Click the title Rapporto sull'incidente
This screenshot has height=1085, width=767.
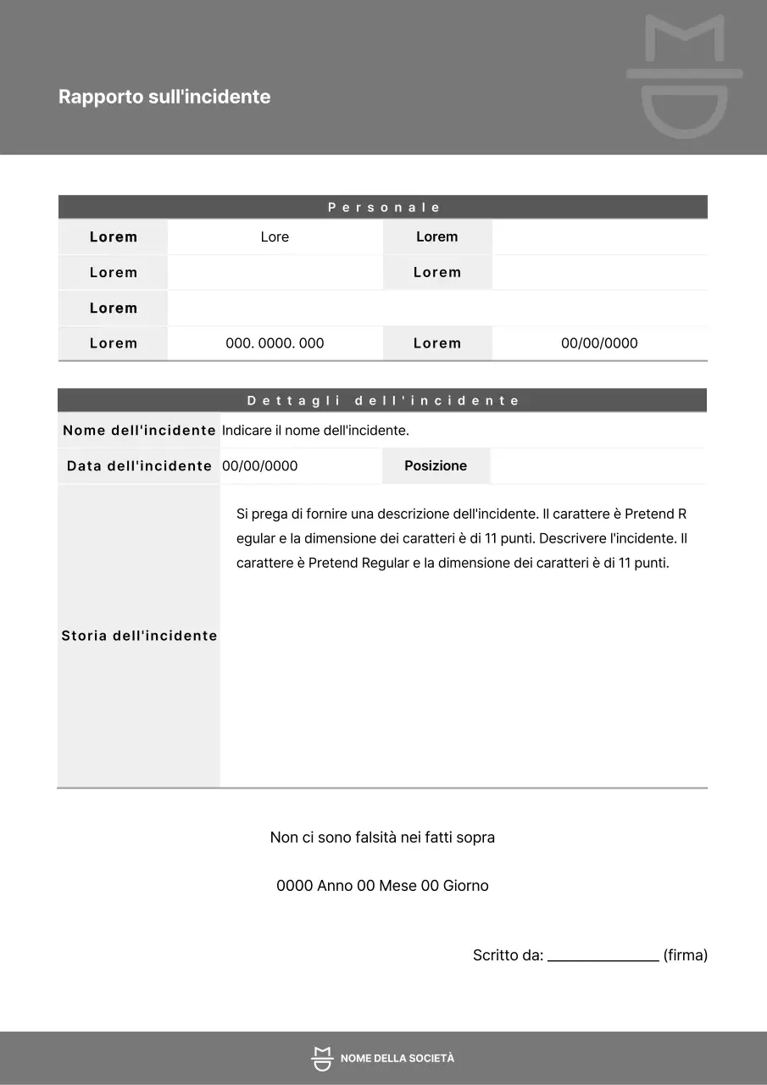click(164, 97)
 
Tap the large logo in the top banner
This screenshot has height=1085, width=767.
click(685, 76)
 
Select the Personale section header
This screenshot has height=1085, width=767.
click(384, 208)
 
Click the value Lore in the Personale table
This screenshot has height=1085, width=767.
click(275, 237)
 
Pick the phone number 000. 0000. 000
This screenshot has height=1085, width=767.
click(275, 343)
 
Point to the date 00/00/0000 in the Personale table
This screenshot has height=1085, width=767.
click(599, 343)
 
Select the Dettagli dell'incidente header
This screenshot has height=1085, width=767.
click(383, 401)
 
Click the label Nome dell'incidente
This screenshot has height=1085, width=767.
click(139, 431)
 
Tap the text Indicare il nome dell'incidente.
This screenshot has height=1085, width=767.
click(315, 431)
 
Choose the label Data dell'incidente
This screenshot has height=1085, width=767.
click(139, 466)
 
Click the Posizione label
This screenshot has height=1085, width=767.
click(436, 466)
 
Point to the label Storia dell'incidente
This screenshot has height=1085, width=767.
click(139, 636)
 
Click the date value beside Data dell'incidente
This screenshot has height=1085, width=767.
click(259, 466)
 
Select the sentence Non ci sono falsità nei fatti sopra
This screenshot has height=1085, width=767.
click(382, 837)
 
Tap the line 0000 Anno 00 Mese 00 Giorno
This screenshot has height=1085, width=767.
click(382, 886)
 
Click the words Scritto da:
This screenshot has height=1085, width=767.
click(508, 955)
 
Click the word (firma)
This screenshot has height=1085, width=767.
click(685, 955)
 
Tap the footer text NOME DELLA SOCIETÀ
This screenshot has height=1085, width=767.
click(397, 1059)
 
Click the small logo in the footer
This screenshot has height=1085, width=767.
click(321, 1059)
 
